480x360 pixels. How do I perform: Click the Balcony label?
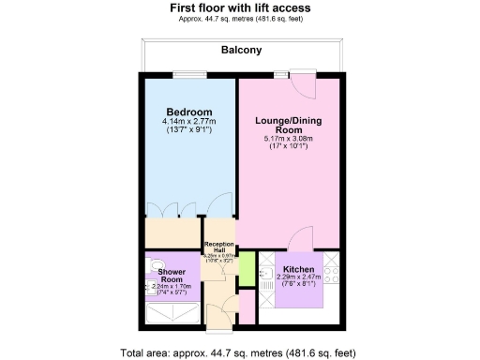click(240, 51)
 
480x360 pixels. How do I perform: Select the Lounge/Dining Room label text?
click(290, 127)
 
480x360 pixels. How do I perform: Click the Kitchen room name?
click(298, 269)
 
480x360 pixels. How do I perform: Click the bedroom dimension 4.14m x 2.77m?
click(188, 122)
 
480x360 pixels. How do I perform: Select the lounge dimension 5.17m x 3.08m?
click(290, 141)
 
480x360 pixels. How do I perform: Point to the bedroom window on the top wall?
click(188, 75)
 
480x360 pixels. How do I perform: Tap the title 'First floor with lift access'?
click(240, 7)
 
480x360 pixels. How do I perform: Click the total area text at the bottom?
click(240, 352)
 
